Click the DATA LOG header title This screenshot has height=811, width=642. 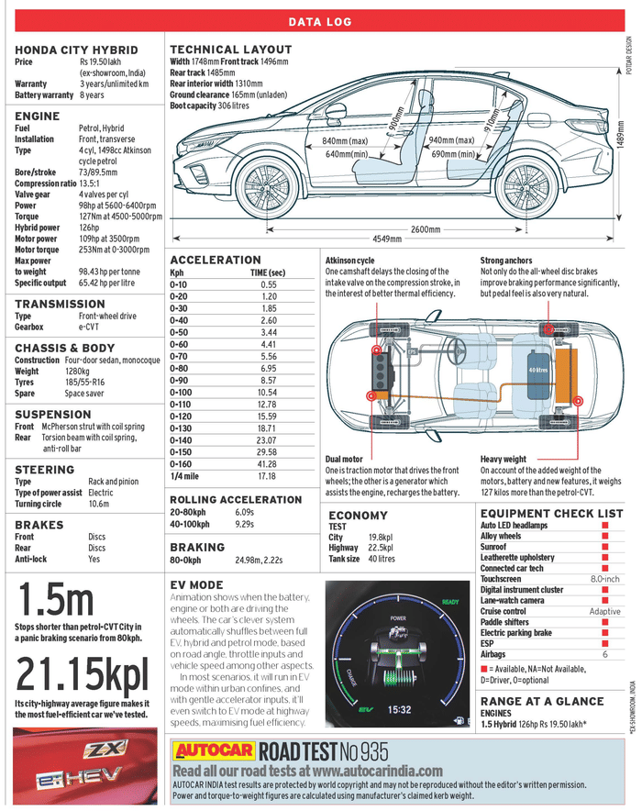click(x=321, y=22)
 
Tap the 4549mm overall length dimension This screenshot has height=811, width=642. click(x=389, y=239)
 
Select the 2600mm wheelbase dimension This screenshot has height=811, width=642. click(x=425, y=228)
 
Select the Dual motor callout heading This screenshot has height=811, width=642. click(x=344, y=459)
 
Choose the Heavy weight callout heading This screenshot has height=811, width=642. click(x=504, y=459)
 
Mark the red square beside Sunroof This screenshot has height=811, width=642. click(x=604, y=546)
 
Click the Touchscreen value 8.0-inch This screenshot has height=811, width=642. click(x=604, y=579)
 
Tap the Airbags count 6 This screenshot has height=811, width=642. click(x=605, y=655)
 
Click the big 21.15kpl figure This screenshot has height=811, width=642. click(x=82, y=673)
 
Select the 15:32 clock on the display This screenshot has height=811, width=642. click(x=399, y=709)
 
